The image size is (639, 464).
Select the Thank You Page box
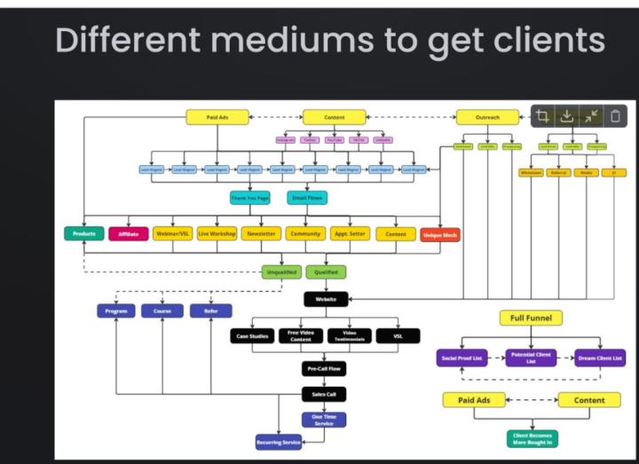(251, 198)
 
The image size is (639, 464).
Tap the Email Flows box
(307, 198)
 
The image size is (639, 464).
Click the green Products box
(84, 234)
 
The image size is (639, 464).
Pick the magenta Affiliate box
(129, 234)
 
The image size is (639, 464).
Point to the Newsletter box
(261, 234)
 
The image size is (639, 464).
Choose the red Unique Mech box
(440, 234)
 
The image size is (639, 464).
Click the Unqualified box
(281, 272)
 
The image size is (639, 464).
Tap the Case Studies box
(252, 336)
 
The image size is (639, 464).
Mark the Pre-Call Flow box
(324, 368)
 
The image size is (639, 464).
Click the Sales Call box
(324, 394)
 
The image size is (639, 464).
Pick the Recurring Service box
(280, 441)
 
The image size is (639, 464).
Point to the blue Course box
(162, 311)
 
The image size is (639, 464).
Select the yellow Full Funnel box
(531, 317)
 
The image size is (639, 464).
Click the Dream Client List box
(597, 358)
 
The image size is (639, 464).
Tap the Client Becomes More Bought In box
(532, 437)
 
